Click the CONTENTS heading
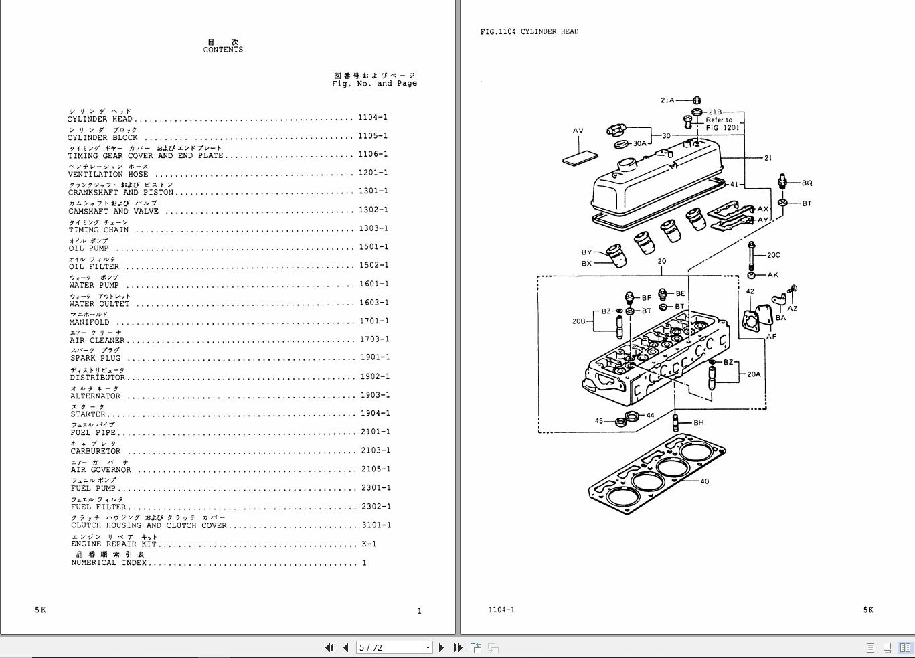click(x=223, y=50)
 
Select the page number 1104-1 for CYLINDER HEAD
click(x=372, y=118)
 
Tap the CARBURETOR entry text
click(x=96, y=451)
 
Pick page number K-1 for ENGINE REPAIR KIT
click(x=369, y=544)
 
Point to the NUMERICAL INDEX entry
click(x=108, y=563)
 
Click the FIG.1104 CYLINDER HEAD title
click(x=529, y=31)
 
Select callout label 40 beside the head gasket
click(x=704, y=481)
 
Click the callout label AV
click(x=578, y=131)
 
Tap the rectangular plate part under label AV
click(x=580, y=158)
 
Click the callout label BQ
click(x=807, y=183)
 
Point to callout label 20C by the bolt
click(x=773, y=255)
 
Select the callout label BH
click(x=698, y=423)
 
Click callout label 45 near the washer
click(x=598, y=422)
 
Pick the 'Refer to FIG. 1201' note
click(x=720, y=124)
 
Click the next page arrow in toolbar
click(x=441, y=647)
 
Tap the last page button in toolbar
click(x=458, y=647)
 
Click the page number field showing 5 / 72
click(x=390, y=647)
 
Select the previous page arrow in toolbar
click(x=346, y=647)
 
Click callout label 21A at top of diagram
click(x=667, y=100)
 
